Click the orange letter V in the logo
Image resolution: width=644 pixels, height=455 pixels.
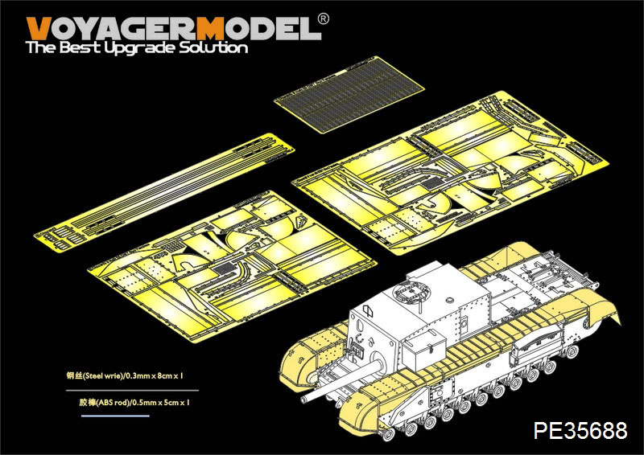coord(39,29)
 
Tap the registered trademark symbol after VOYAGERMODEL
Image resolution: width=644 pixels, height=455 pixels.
coord(324,18)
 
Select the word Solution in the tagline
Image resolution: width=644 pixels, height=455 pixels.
coord(213,47)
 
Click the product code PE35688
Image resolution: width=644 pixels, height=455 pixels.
coord(580,430)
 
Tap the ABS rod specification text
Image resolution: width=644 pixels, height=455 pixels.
coord(134,403)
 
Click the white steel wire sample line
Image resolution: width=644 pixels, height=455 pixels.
coord(132,390)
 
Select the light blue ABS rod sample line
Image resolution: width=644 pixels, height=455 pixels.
coord(115,416)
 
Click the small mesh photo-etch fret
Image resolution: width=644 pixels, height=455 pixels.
coord(349,94)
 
